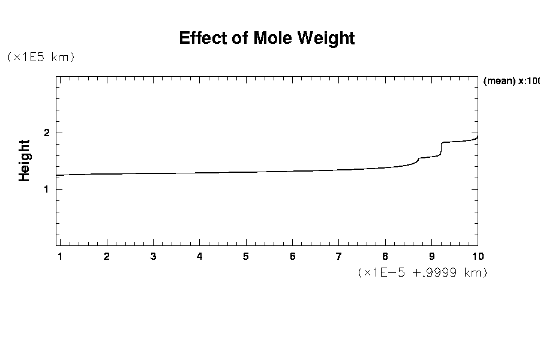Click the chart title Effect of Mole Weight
(267, 38)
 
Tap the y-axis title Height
(25, 160)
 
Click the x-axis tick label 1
(60, 257)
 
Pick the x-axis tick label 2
(107, 257)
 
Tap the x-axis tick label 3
(153, 257)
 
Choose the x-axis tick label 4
(199, 257)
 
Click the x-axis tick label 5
(246, 257)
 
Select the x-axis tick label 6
(292, 257)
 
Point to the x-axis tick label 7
(338, 257)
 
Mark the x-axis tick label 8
(385, 257)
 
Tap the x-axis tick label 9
(431, 257)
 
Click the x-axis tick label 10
(478, 257)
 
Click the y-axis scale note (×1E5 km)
(40, 57)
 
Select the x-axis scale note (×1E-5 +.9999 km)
(422, 272)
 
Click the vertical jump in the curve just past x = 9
(442, 149)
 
